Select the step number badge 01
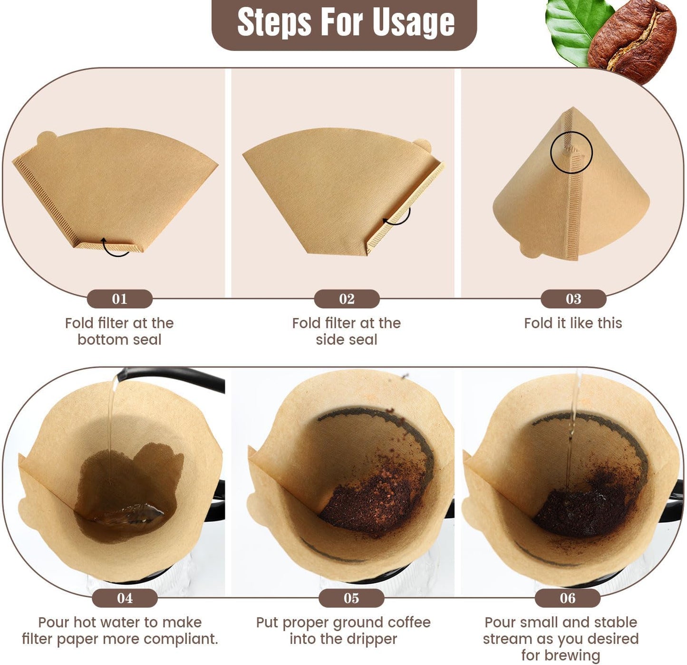(119, 299)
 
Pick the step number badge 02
(347, 299)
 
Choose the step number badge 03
(573, 299)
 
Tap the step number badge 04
(125, 598)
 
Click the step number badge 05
(351, 598)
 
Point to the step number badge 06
(567, 598)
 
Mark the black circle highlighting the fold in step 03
(571, 153)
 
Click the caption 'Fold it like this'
(573, 323)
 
